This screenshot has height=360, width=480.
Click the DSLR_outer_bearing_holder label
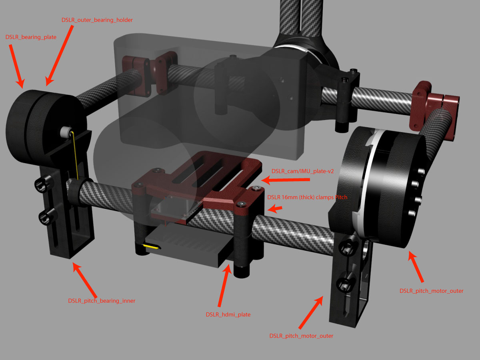[x=97, y=20]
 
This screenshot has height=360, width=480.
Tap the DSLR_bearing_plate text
[x=31, y=37]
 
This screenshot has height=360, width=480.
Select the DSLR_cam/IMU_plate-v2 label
[x=302, y=171]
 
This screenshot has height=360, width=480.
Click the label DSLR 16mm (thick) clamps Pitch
[x=307, y=197]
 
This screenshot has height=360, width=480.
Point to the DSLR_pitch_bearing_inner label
[x=102, y=301]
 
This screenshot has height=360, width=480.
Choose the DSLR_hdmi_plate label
[x=228, y=314]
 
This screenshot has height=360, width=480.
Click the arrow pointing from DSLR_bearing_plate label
[x=16, y=66]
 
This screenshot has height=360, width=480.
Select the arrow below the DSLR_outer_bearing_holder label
[x=59, y=56]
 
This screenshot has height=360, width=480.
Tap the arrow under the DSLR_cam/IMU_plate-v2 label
[x=285, y=180]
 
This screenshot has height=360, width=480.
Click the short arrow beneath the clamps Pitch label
[x=275, y=209]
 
